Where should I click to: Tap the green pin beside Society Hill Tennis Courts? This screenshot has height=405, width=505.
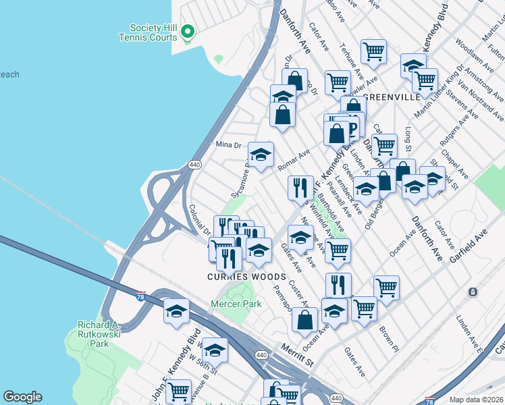[189, 32]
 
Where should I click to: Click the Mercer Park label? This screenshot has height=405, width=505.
[237, 304]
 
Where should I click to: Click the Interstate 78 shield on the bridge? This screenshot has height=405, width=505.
[140, 295]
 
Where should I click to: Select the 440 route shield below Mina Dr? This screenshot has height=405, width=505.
[194, 164]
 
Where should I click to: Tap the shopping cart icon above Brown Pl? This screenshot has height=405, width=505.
[386, 288]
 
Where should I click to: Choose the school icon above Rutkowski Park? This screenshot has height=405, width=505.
[176, 311]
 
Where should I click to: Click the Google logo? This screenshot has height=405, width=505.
[22, 397]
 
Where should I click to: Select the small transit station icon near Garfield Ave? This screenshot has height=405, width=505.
[473, 292]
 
